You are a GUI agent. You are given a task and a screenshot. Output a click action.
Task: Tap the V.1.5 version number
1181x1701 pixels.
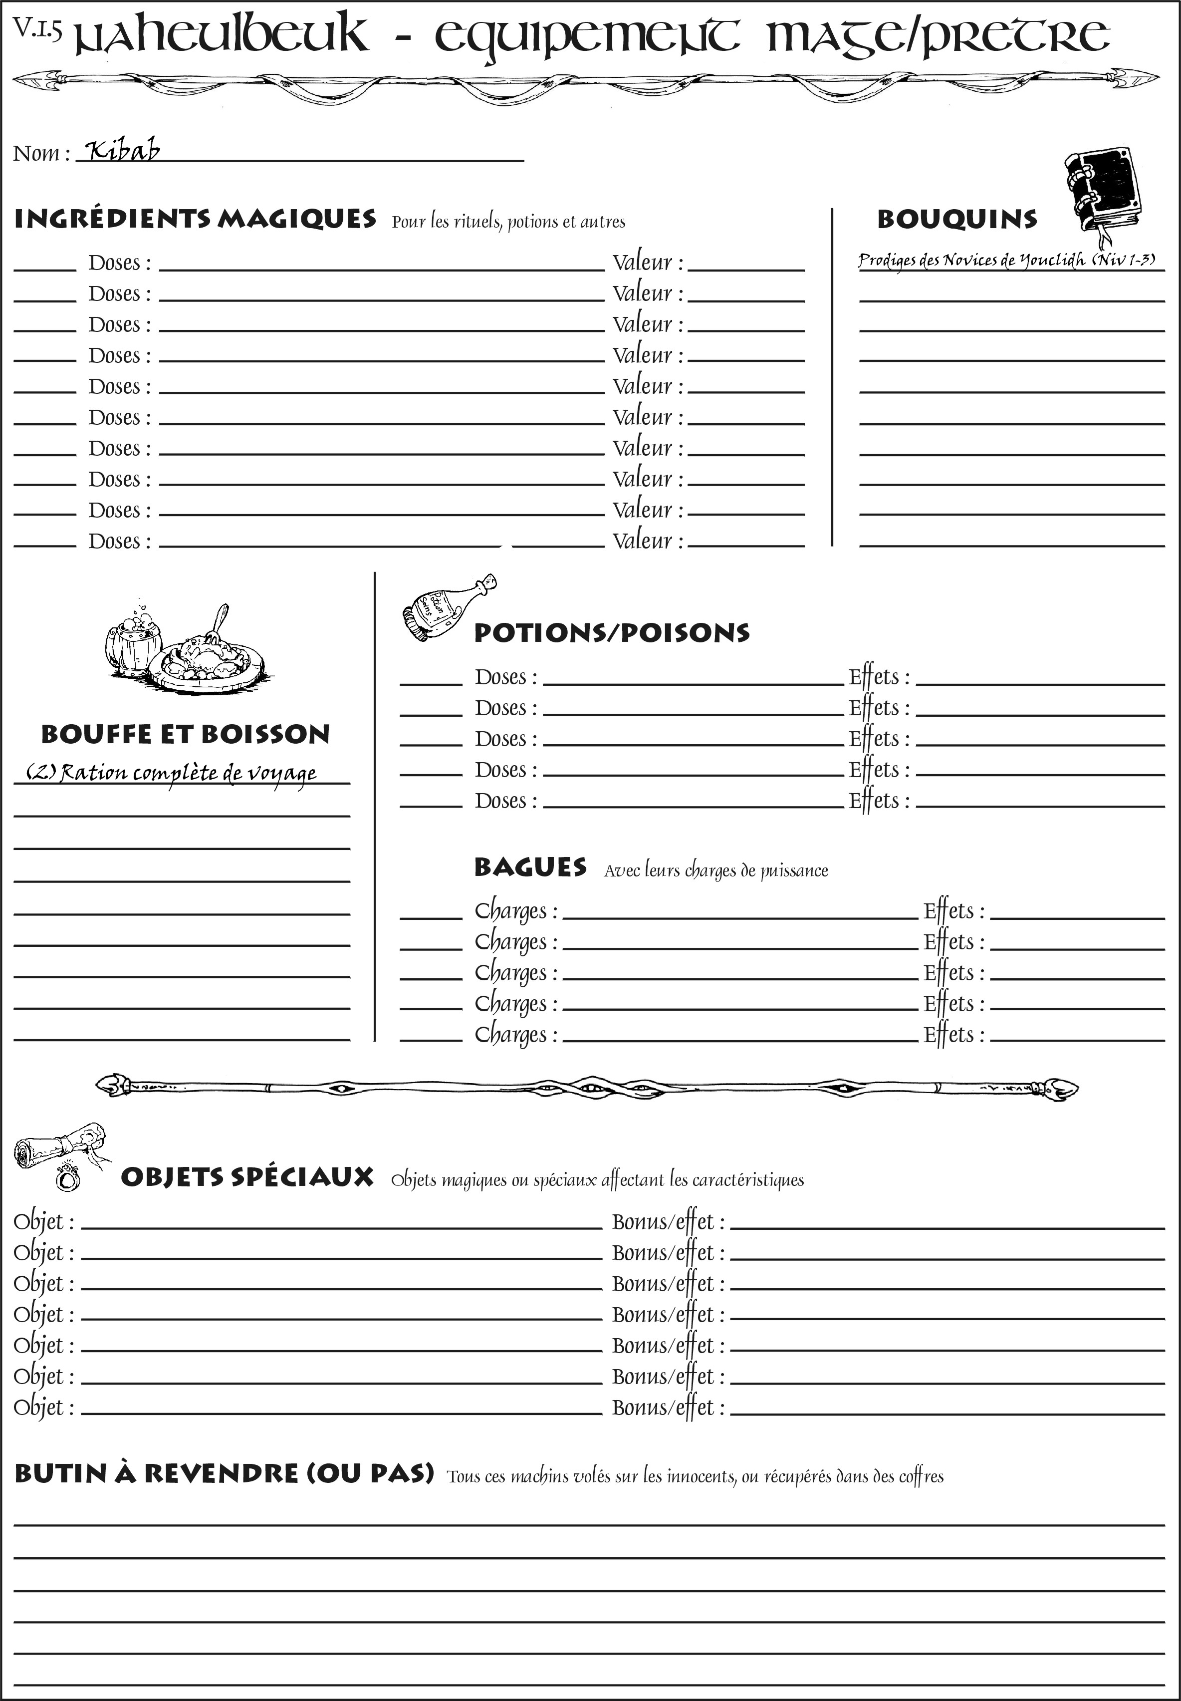36,28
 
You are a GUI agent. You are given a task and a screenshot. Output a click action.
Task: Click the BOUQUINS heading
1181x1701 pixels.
957,219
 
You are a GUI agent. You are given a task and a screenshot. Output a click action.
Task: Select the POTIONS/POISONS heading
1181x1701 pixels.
611,633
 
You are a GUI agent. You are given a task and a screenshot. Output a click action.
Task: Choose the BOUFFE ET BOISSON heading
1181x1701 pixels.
185,734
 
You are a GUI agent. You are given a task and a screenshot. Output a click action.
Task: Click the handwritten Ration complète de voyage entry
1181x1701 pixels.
172,773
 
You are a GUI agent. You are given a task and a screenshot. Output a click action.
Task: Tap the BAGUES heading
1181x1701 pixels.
530,867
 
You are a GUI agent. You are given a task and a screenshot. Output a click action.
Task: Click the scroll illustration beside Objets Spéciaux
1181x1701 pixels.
61,1152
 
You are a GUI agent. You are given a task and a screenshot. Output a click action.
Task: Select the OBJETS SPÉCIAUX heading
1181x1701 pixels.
247,1177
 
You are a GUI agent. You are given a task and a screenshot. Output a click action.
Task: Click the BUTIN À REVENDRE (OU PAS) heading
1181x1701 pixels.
224,1474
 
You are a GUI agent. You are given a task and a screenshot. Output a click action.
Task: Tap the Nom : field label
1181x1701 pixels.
41,153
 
